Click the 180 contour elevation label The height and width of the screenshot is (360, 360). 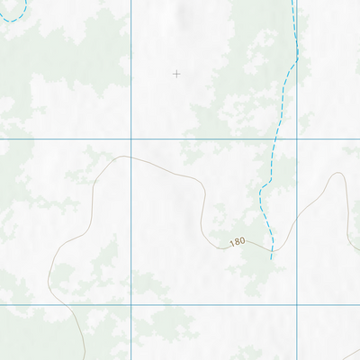(237, 242)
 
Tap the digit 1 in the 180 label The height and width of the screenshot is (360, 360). (231, 241)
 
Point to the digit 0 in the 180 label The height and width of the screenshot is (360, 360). (242, 243)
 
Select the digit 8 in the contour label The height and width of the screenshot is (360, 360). (237, 242)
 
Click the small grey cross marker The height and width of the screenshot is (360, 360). (176, 74)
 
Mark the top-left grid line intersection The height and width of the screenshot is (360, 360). (131, 139)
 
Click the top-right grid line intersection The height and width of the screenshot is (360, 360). (297, 139)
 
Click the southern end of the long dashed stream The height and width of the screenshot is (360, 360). (271, 258)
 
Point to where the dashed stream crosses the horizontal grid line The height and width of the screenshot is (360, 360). (274, 139)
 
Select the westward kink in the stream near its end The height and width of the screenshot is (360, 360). (262, 193)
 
